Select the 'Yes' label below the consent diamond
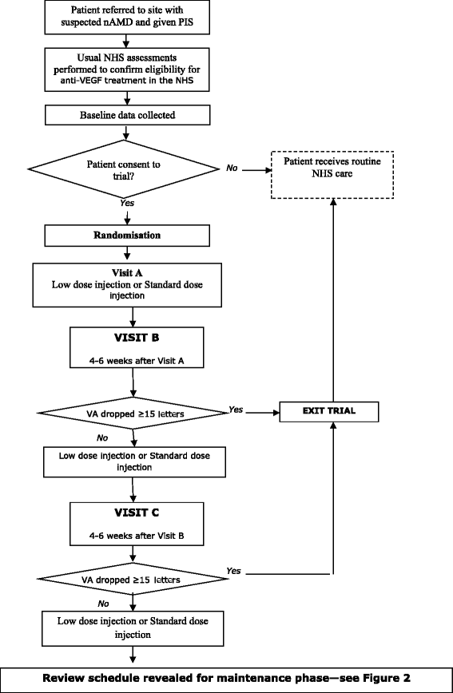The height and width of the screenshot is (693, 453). (x=127, y=203)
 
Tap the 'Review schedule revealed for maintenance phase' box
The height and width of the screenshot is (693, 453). (x=226, y=679)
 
